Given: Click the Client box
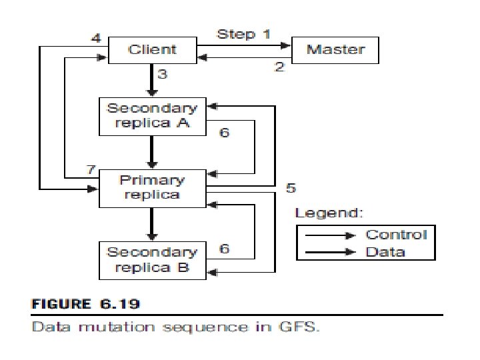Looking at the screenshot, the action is pos(153,50).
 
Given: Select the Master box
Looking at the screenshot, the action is pos(335,50).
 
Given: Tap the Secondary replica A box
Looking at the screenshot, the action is pos(153,116).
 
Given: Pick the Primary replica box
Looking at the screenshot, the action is pos(153,188).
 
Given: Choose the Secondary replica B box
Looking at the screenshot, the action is pos(153,261).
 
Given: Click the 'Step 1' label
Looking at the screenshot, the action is pos(244,34).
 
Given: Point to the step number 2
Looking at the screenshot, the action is pos(279,67).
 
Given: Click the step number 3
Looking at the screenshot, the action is pos(162,74).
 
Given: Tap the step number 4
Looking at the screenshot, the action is pos(96,38).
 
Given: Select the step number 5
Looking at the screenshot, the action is pos(291,187).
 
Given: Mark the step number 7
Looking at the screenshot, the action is pos(91,169).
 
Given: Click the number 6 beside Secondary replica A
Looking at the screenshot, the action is pos(225,132).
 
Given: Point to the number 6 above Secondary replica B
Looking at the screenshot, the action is pos(225,248).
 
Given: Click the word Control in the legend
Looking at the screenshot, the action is pos(396,235).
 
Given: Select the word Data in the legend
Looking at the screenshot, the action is pos(385,252).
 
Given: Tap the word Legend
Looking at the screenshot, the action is pos(329,213).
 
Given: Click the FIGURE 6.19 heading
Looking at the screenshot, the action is pos(86,304).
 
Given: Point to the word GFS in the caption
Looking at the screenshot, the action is pos(299,327).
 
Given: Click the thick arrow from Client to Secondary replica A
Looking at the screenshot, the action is pos(152,80).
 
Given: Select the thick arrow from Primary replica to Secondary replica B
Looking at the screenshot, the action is pos(152,225).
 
